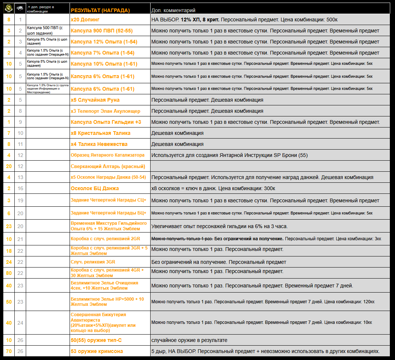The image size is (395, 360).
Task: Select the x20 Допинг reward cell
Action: pyautogui.click(x=85, y=19)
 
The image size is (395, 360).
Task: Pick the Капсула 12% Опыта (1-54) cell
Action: pyautogui.click(x=102, y=42)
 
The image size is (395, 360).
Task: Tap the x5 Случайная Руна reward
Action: pyautogui.click(x=95, y=100)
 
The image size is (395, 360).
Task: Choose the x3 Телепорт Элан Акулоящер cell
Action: pyautogui.click(x=105, y=111)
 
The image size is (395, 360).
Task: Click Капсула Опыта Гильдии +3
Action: pyautogui.click(x=106, y=122)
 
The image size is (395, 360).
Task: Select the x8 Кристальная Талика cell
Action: pyautogui.click(x=100, y=133)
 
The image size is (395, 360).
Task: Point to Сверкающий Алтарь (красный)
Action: pyautogui.click(x=108, y=166)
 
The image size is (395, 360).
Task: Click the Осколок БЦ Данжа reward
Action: pyautogui.click(x=95, y=188)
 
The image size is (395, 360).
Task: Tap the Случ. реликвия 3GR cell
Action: pyautogui.click(x=93, y=262)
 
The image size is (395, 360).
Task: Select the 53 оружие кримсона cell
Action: pyautogui.click(x=97, y=351)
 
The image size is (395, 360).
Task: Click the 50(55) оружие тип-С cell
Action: pyautogui.click(x=96, y=340)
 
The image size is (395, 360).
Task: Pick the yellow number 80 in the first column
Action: pyautogui.click(x=9, y=273)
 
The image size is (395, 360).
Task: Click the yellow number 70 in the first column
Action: pyautogui.click(x=9, y=351)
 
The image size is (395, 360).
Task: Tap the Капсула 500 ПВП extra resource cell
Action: pyautogui.click(x=47, y=31)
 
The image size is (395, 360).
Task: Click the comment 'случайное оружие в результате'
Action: pyautogui.click(x=189, y=340)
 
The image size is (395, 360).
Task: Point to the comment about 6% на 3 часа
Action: pyautogui.click(x=219, y=226)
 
